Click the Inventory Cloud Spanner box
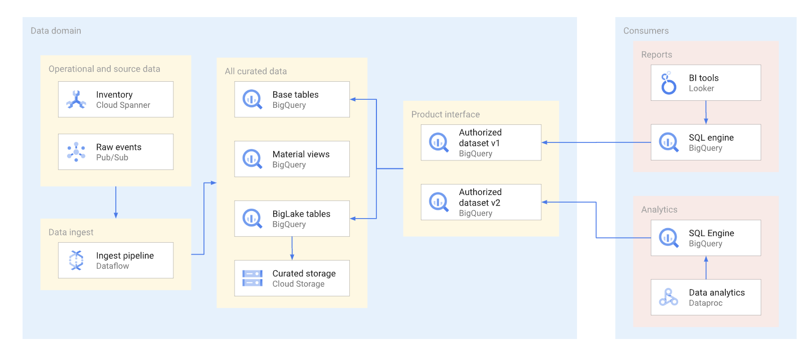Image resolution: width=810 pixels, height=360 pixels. click(x=116, y=99)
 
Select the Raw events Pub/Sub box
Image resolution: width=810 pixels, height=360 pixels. click(x=116, y=151)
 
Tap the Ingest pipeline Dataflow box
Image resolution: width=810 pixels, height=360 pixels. click(x=116, y=260)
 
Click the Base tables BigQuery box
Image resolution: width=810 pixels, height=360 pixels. click(x=292, y=99)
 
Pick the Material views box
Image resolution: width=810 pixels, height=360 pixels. click(x=292, y=159)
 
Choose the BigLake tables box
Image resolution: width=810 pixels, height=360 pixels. click(x=292, y=219)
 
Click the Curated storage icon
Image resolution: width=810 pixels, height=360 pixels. click(x=252, y=278)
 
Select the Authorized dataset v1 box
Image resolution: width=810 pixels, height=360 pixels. click(x=481, y=142)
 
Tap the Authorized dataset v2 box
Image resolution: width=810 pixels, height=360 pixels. click(x=481, y=202)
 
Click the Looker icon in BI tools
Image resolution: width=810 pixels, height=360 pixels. click(x=668, y=83)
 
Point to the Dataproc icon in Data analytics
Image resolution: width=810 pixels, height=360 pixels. click(x=668, y=297)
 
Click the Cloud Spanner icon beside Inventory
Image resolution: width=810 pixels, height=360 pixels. click(x=76, y=99)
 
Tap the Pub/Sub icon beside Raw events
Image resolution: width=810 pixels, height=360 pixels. click(x=76, y=151)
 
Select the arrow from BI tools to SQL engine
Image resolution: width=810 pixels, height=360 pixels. click(x=706, y=112)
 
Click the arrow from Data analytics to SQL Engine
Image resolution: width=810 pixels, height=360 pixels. click(x=706, y=268)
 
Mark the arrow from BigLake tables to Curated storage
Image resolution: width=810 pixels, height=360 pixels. click(x=292, y=248)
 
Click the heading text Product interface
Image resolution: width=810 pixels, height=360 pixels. click(x=445, y=114)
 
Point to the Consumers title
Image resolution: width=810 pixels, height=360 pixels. click(x=646, y=31)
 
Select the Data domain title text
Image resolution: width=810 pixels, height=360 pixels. click(x=56, y=31)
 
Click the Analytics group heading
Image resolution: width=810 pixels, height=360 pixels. click(x=659, y=210)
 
